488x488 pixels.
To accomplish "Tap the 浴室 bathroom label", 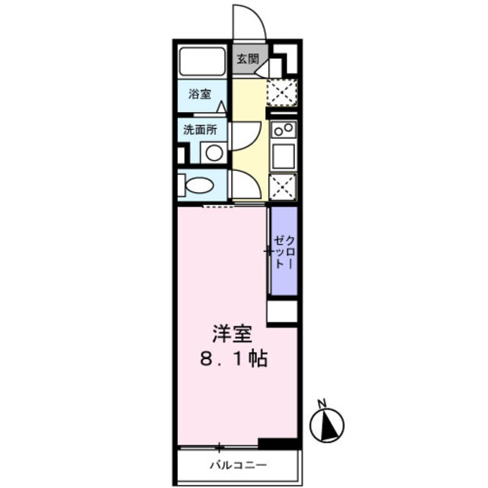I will [200, 95].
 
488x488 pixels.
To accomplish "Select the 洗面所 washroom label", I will [199, 129].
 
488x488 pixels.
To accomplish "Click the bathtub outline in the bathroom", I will [202, 62].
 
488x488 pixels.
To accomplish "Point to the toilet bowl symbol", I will [201, 185].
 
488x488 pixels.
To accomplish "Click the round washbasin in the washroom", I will [214, 152].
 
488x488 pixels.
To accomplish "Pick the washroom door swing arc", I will [244, 137].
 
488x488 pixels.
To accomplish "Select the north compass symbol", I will [328, 423].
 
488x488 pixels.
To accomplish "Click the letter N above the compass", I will [323, 403].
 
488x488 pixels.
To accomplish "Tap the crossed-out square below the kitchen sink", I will [283, 186].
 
